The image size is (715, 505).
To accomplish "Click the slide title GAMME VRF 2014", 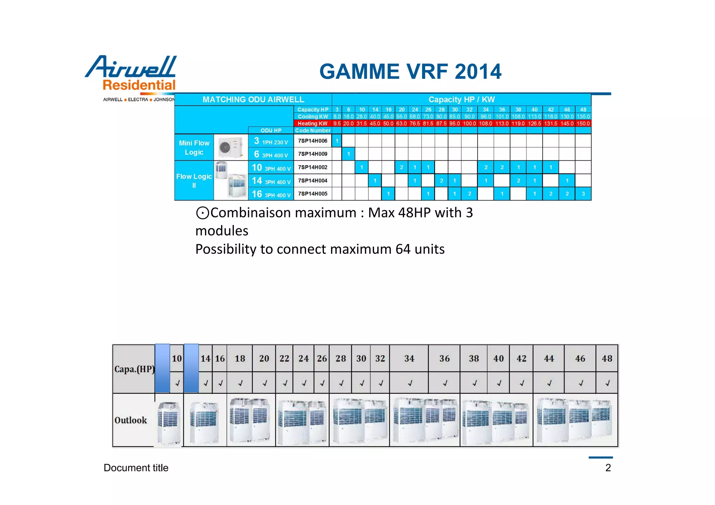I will (410, 72).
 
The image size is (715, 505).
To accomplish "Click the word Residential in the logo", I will (139, 85).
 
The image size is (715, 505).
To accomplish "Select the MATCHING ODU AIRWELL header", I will (253, 99).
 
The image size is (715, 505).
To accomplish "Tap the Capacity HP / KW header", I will (462, 99).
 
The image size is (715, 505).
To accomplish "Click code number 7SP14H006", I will (312, 141).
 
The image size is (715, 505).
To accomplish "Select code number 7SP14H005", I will (312, 194).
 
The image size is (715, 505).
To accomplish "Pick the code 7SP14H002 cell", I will (312, 167).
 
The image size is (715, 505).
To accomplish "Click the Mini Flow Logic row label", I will (194, 148).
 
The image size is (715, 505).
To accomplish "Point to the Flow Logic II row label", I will (194, 180).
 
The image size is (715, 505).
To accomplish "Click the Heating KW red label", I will (312, 124).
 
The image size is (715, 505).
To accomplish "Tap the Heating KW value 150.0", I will (583, 124).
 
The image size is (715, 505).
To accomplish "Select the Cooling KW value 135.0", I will (583, 117).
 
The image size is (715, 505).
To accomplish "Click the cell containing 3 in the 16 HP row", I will (583, 194).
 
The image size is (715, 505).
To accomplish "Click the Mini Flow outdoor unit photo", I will (230, 147).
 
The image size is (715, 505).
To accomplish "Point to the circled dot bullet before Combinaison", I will (202, 213).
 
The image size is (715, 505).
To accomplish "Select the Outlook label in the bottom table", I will (131, 420).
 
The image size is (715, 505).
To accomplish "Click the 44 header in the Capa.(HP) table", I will (549, 358).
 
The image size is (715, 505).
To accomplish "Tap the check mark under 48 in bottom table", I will (607, 383).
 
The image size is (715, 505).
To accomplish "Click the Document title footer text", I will (136, 468).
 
